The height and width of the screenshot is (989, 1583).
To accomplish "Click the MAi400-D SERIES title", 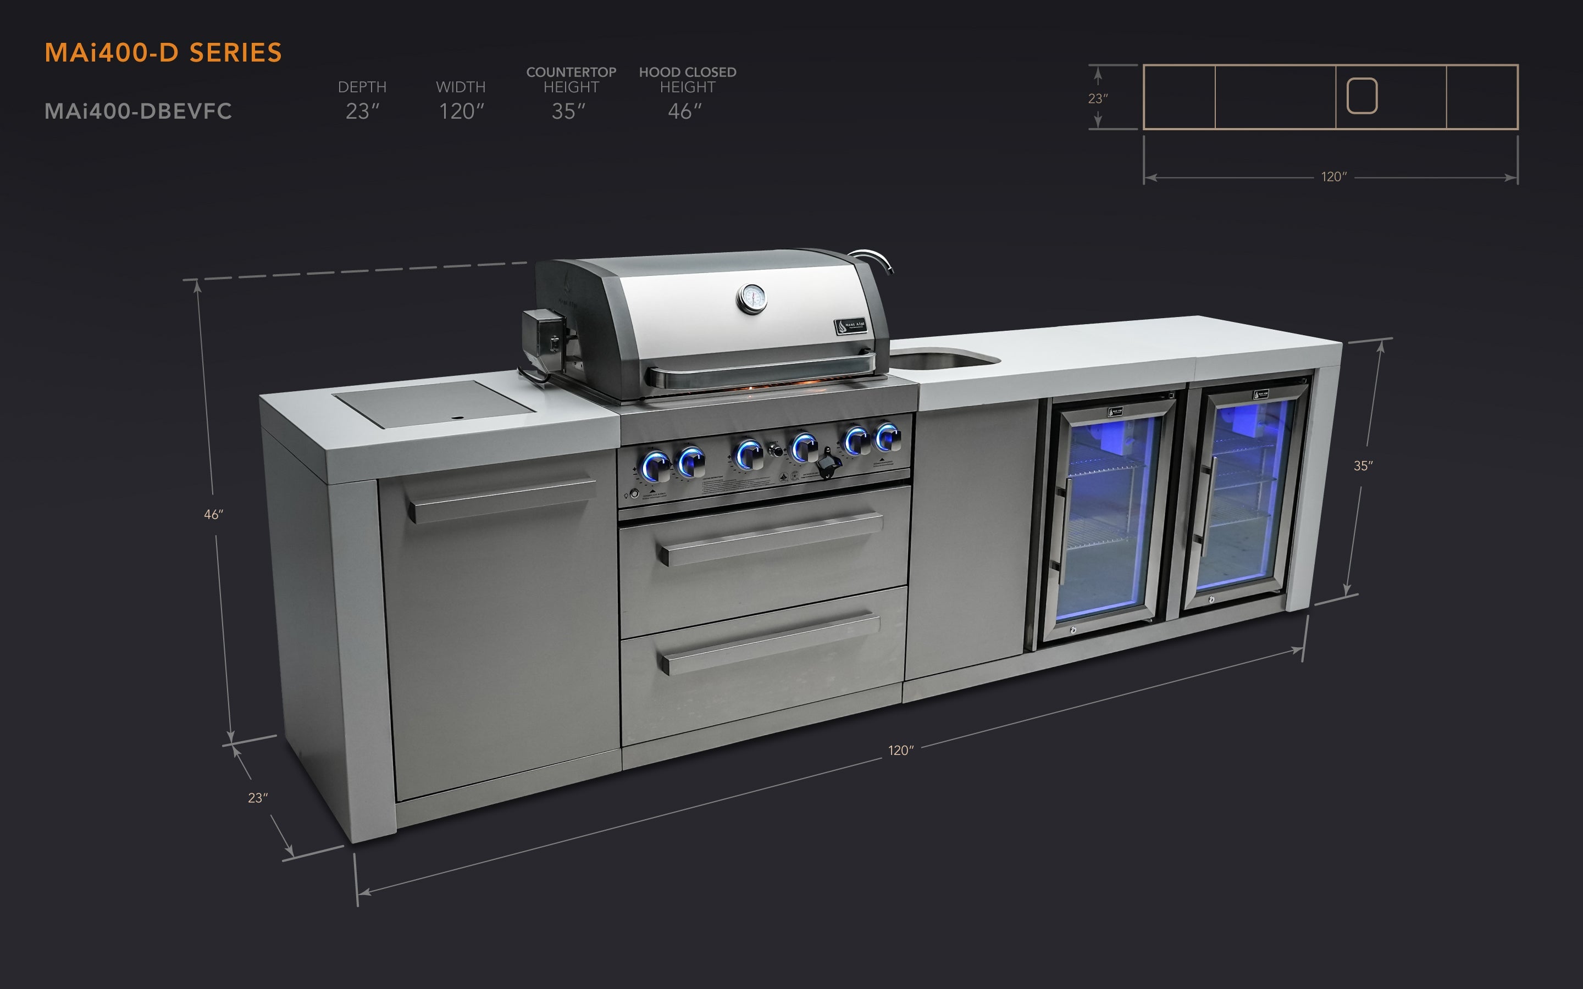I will [163, 52].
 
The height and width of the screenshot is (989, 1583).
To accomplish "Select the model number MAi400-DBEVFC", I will [138, 111].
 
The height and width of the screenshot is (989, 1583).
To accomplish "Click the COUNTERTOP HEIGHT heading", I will [571, 79].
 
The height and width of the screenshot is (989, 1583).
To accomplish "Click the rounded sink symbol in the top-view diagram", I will [1362, 96].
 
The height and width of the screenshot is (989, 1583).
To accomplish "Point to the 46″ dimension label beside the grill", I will [213, 515].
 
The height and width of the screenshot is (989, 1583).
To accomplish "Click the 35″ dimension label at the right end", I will [1363, 466].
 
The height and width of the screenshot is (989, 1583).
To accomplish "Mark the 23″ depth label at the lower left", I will [258, 798].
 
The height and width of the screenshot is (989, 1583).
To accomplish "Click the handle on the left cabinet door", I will [500, 501].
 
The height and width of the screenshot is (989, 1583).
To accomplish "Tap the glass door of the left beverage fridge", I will [1105, 516].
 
